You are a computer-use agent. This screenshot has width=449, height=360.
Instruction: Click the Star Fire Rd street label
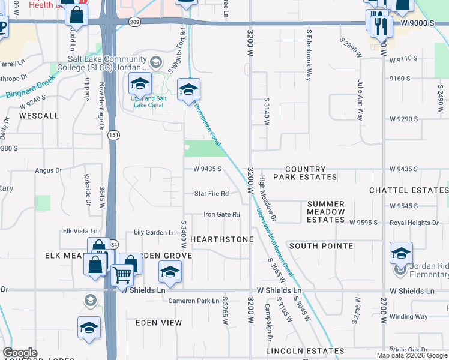click(x=211, y=193)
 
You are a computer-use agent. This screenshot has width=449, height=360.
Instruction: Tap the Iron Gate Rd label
click(x=221, y=214)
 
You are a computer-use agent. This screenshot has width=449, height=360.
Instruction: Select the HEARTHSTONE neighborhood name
click(x=221, y=239)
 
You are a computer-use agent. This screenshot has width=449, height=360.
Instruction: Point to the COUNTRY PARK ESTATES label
click(x=305, y=173)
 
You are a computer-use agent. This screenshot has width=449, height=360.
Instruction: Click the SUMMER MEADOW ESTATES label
click(x=326, y=212)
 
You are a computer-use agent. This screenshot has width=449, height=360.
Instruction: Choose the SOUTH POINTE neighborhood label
click(x=321, y=246)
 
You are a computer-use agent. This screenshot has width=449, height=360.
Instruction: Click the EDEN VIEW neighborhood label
click(x=158, y=323)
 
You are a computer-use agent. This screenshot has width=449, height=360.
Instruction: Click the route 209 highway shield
click(x=134, y=22)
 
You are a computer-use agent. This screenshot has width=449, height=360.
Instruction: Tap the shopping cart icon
click(x=122, y=275)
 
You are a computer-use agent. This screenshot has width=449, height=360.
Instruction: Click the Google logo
click(x=20, y=353)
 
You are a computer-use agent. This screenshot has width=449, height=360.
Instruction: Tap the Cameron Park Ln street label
click(x=194, y=301)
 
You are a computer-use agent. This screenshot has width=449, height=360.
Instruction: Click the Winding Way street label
click(x=409, y=316)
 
